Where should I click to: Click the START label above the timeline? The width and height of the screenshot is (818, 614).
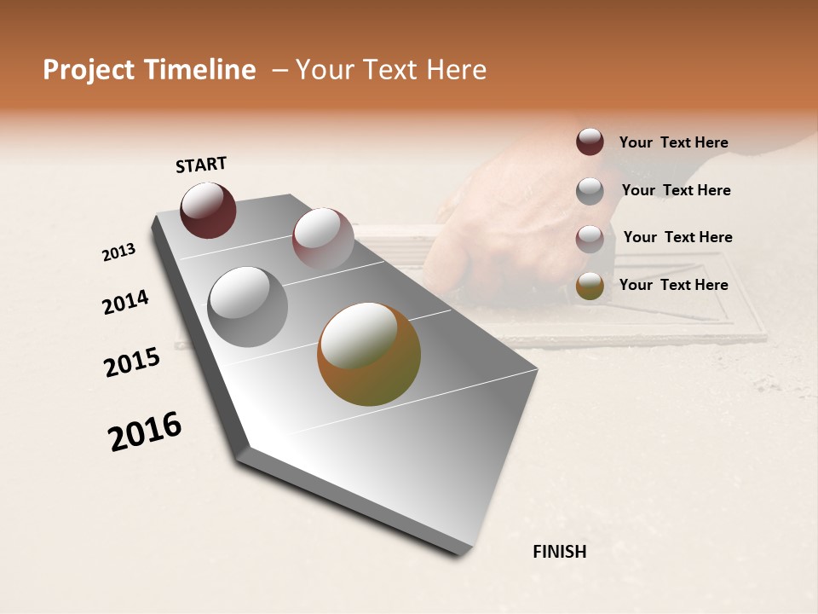tap(201, 164)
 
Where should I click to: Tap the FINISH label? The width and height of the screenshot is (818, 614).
tap(559, 552)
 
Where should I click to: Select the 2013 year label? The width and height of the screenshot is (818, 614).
tap(119, 252)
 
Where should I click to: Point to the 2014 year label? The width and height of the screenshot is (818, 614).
tap(125, 302)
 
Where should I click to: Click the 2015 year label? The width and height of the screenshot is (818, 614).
tap(132, 362)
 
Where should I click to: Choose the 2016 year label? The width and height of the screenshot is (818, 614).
tap(145, 431)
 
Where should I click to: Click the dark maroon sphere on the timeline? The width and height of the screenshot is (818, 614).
tap(208, 210)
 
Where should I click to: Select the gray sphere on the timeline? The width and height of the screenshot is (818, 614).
tap(247, 306)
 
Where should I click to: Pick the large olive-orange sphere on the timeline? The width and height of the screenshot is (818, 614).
tap(369, 354)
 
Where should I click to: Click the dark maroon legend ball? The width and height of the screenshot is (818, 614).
tap(590, 142)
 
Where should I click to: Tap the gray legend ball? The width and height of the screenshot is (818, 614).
tap(590, 190)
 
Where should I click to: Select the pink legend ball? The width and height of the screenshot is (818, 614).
tap(590, 238)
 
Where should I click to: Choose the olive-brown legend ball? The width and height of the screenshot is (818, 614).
tap(590, 286)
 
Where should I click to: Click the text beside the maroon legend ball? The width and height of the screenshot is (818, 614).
tap(673, 142)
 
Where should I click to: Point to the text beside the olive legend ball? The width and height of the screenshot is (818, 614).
tap(673, 285)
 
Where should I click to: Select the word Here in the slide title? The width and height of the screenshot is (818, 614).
tap(456, 70)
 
